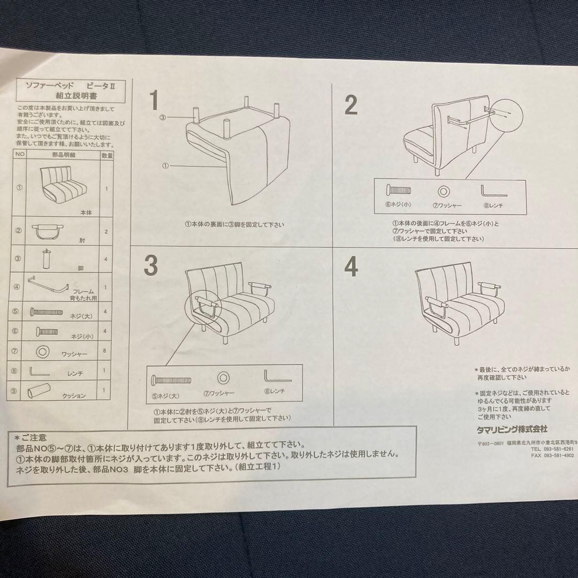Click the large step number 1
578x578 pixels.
coord(154,101)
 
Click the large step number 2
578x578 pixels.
coord(351,105)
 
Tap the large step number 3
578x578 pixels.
coord(151,265)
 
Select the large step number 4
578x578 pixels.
coord(351,267)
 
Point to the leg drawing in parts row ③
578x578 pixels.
coord(47,259)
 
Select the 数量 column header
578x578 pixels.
coord(107,155)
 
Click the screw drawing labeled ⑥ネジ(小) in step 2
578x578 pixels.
coord(399,190)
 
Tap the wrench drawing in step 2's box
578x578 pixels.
coord(489,191)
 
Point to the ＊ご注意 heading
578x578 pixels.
coord(32,436)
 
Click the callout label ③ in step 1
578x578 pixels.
coord(163,117)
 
